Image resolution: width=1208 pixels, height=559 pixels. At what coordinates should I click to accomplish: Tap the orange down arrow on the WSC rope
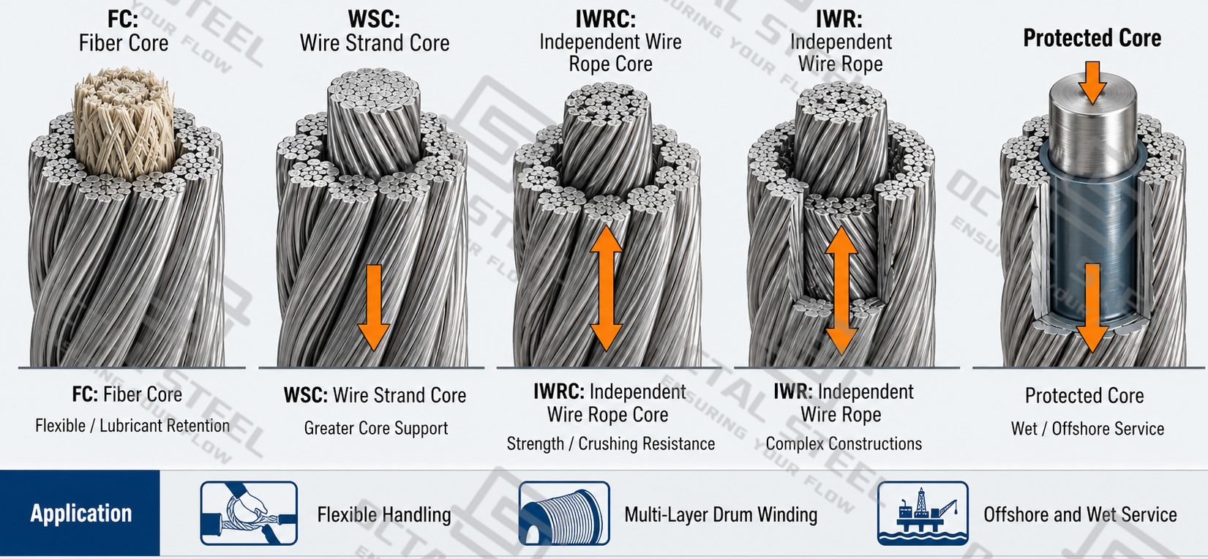coord(373,307)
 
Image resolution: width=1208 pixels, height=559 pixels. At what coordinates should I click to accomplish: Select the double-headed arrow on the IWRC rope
coord(607,288)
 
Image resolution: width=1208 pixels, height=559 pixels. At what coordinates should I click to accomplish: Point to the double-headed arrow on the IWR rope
coord(841,290)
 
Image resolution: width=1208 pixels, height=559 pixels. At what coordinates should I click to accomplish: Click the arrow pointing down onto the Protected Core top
coord(1092,83)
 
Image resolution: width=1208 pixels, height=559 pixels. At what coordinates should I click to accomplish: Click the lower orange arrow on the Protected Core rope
coord(1092,308)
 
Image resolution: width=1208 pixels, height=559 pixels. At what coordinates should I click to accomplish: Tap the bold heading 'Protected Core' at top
coord(1092,38)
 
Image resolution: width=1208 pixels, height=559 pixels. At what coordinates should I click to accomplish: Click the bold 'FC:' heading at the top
coord(123,19)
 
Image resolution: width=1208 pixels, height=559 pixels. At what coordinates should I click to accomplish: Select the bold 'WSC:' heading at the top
coord(374,19)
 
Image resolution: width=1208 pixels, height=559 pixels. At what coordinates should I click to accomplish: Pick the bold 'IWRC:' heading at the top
coord(606,19)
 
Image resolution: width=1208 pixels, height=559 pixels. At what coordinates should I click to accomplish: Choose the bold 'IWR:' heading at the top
coord(839,19)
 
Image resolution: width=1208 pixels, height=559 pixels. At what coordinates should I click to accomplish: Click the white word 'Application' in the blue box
coord(81,514)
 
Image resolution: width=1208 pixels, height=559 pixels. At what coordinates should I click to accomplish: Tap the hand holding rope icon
coord(249,513)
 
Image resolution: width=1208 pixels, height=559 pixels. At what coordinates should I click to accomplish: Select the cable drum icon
coord(564,513)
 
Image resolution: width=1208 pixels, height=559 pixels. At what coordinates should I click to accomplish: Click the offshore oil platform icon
coord(923,513)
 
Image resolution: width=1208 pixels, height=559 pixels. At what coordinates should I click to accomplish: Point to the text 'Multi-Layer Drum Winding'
coord(721,515)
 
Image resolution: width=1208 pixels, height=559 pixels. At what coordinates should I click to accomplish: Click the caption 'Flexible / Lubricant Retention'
coord(132,426)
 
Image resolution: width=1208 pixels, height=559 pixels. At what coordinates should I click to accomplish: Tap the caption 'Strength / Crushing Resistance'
coord(610,443)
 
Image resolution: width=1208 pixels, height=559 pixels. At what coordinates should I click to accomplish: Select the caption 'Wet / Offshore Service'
coord(1087,429)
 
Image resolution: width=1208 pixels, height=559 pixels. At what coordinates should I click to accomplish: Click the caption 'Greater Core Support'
coord(376,428)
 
